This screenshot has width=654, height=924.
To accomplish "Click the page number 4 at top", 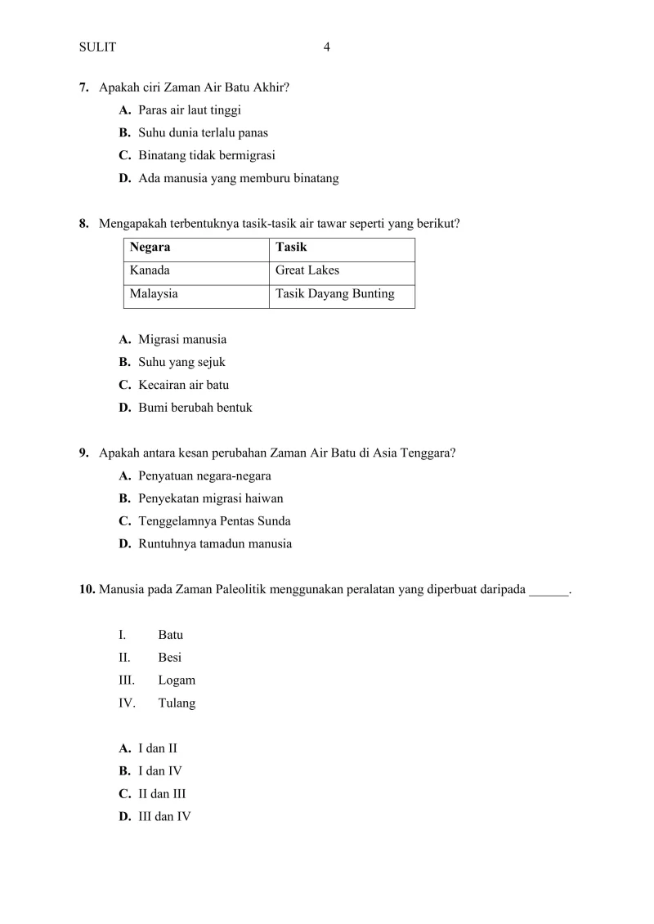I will (x=327, y=47).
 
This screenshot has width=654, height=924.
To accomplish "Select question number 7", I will (x=84, y=87).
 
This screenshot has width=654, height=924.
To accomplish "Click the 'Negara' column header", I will (x=150, y=248).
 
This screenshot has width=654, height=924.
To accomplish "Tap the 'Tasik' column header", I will (x=291, y=248).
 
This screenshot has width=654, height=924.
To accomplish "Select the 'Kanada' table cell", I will (x=150, y=270).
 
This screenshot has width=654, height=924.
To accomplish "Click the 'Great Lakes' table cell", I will (x=307, y=270).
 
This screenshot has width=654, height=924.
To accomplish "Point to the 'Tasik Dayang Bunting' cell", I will (x=335, y=294).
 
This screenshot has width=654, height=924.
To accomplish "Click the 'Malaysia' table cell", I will (x=154, y=294).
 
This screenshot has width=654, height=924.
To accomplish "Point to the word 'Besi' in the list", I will (x=170, y=658).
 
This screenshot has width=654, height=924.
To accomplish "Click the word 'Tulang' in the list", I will (x=177, y=703).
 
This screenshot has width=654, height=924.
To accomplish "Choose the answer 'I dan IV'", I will (x=159, y=770).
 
